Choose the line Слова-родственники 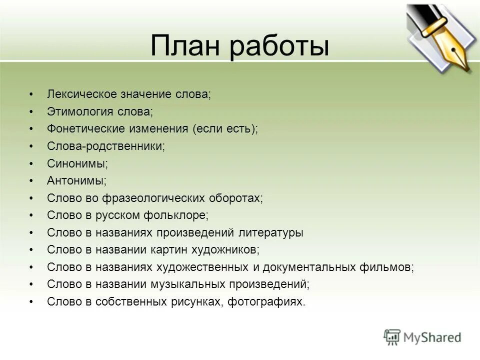(105, 146)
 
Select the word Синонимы (77, 163)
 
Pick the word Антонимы (76, 181)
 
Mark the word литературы (273, 233)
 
